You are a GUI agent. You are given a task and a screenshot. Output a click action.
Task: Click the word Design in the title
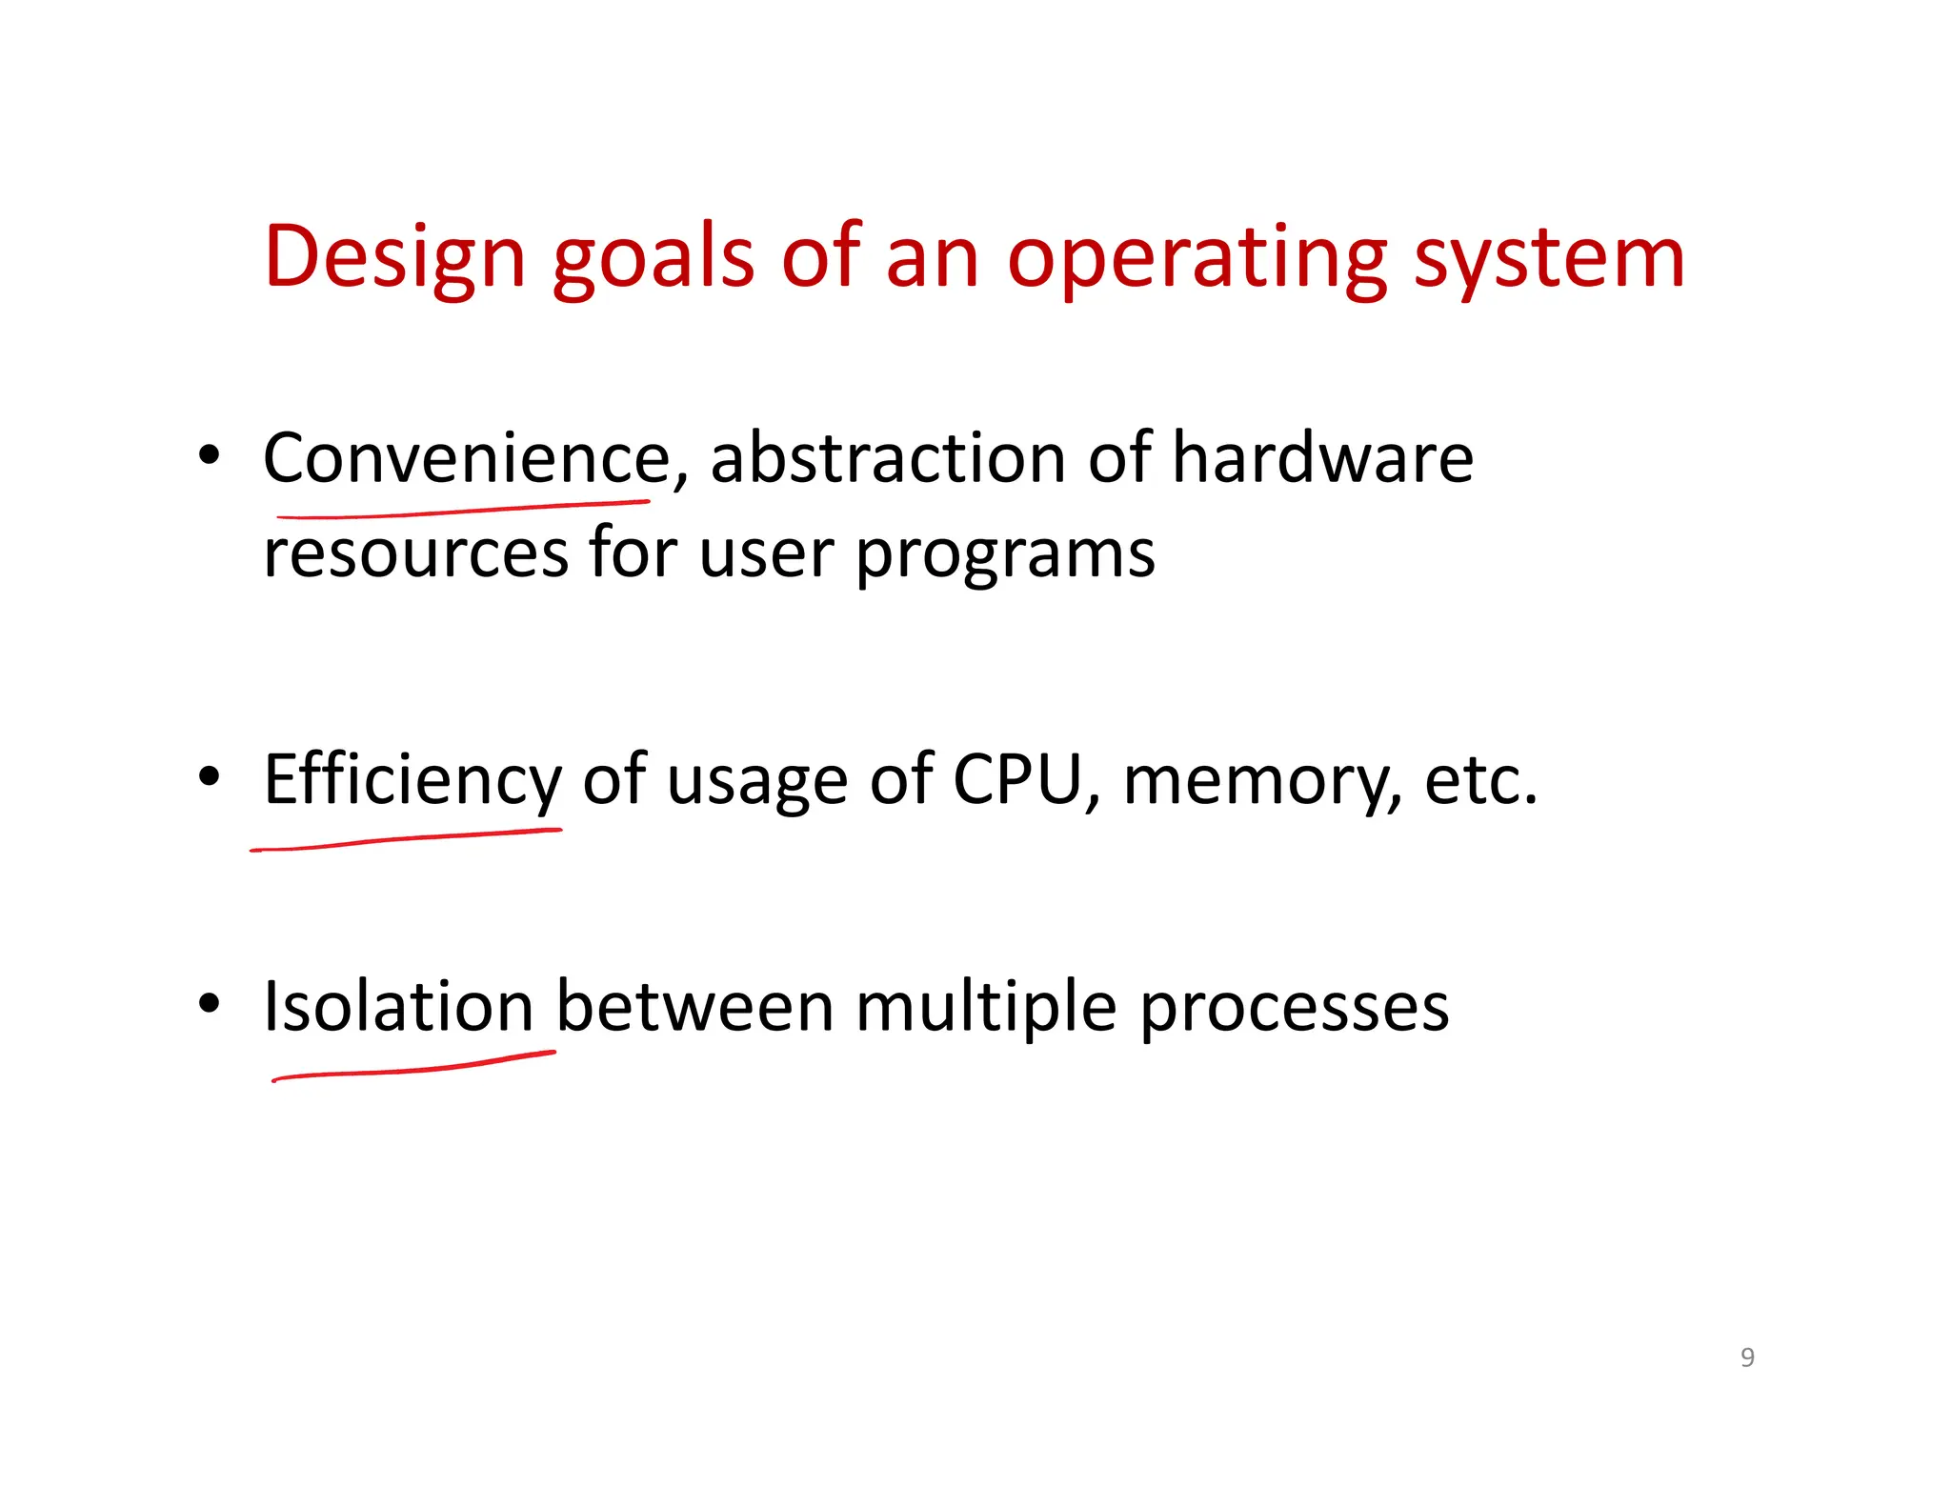(394, 257)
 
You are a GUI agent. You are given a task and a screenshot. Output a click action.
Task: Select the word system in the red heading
(1549, 257)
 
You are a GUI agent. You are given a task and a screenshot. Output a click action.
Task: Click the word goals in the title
(654, 257)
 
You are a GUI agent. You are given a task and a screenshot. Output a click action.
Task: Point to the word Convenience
(467, 458)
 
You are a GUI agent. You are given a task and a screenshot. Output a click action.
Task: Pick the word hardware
(1322, 458)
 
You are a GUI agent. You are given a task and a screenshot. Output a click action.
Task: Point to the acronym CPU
(1017, 779)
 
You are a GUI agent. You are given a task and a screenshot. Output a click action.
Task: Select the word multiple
(986, 1008)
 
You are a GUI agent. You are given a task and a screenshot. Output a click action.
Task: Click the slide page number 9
(1747, 1356)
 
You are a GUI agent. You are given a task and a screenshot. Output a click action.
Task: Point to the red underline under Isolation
(413, 1070)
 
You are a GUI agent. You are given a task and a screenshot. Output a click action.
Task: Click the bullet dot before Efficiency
(210, 777)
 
